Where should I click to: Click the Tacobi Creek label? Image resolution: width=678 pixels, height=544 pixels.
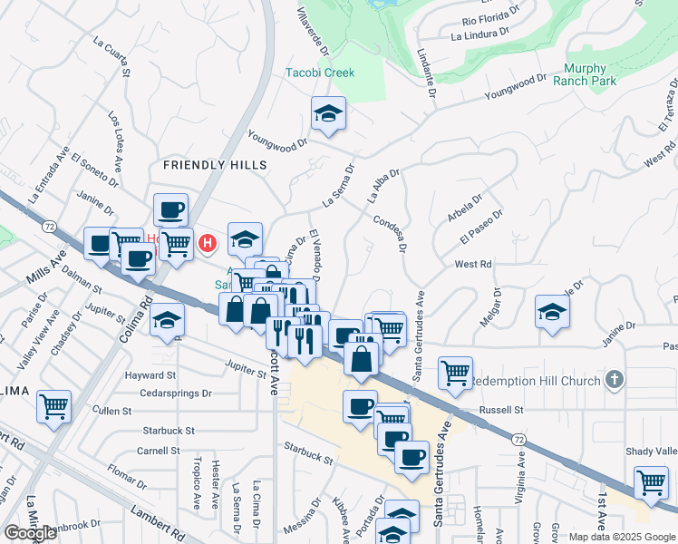click(320, 73)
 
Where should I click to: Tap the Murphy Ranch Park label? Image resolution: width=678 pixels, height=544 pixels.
click(590, 74)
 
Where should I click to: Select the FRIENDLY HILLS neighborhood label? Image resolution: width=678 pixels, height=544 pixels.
click(215, 165)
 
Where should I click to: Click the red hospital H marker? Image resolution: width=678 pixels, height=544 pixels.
click(208, 243)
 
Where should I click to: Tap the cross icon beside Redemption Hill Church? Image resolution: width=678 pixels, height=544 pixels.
click(615, 379)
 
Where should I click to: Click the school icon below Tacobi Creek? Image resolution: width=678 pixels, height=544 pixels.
click(328, 113)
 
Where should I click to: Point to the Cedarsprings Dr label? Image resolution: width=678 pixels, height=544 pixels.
click(176, 393)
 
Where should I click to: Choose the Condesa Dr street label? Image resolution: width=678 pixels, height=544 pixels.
click(391, 233)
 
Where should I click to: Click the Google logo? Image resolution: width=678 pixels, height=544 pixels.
click(30, 533)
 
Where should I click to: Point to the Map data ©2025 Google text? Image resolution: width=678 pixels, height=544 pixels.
click(620, 537)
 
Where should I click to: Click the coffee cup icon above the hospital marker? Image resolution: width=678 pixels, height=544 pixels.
click(170, 210)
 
